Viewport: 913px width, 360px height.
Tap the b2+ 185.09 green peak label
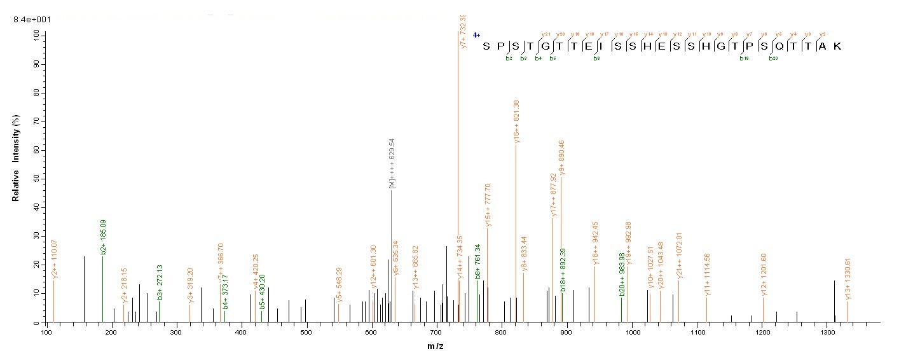pyautogui.click(x=103, y=237)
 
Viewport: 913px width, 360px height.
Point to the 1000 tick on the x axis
pyautogui.click(x=632, y=332)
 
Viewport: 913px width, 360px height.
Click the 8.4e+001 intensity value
pyautogui.click(x=32, y=20)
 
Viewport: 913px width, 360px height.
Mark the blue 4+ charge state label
pyautogui.click(x=476, y=35)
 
